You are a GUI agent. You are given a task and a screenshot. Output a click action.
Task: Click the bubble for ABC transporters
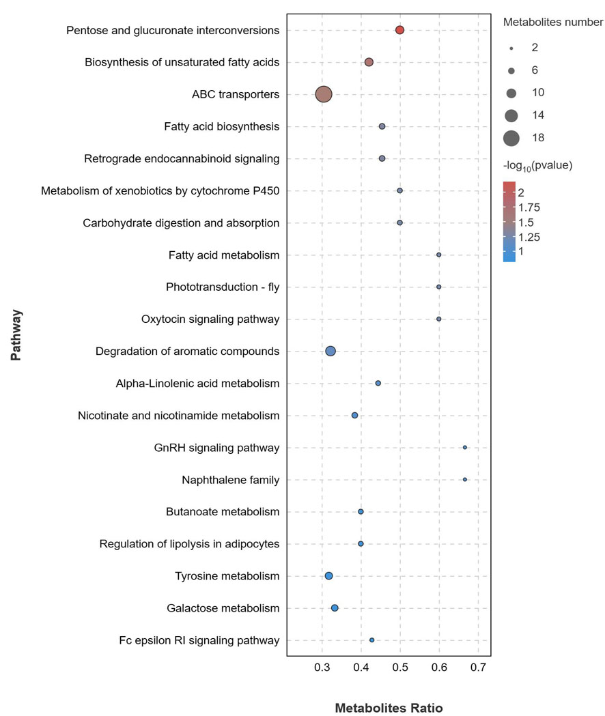(324, 94)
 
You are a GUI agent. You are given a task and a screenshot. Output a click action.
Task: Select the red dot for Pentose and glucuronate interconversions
(400, 30)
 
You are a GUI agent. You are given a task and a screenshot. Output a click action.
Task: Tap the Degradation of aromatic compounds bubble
(330, 351)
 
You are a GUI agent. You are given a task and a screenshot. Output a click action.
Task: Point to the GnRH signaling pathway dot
(465, 448)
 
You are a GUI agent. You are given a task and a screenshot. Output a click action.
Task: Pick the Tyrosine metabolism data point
(328, 576)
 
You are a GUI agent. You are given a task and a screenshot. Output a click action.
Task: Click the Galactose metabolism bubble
(335, 608)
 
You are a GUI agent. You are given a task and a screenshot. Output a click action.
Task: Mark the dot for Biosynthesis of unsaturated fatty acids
(369, 62)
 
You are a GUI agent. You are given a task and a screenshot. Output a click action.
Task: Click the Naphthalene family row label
(230, 480)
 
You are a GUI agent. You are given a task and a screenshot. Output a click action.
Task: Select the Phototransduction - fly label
(223, 287)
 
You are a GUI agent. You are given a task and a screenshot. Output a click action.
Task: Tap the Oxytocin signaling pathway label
(210, 319)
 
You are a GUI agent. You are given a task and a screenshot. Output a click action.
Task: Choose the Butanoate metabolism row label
(223, 512)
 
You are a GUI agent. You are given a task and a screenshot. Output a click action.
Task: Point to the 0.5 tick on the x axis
(400, 666)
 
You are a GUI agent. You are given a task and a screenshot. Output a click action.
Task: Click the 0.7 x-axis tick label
(478, 666)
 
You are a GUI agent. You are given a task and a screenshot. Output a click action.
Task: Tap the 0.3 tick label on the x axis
(322, 666)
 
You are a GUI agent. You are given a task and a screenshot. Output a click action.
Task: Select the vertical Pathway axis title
(16, 335)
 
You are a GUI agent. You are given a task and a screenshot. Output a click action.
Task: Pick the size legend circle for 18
(511, 138)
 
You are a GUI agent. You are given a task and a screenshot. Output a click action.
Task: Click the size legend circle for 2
(511, 48)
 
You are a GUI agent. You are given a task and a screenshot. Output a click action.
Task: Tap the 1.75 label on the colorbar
(529, 207)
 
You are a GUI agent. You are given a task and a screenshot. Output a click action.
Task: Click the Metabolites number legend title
(553, 22)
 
